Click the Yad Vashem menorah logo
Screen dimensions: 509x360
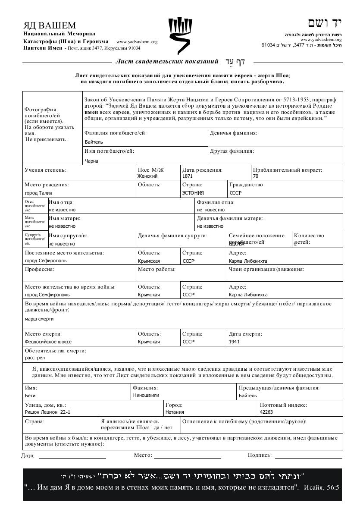pos(180,36)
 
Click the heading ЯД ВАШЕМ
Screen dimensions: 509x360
pos(50,25)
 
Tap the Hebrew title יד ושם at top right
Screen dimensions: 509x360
pos(325,23)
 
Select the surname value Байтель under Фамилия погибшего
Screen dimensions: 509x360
pos(94,142)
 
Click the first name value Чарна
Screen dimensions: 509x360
pos(91,161)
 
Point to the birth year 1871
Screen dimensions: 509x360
pos(188,176)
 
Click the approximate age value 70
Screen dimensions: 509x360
pos(256,176)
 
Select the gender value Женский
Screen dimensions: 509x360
pos(147,176)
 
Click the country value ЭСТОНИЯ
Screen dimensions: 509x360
pos(193,193)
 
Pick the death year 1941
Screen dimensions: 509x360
pos(235,342)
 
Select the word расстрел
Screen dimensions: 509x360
pos(34,358)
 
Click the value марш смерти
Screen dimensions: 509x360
pos(39,319)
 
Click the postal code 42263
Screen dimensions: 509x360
pos(266,412)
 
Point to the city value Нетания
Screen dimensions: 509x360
pos(175,412)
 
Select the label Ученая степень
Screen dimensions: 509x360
pos(45,170)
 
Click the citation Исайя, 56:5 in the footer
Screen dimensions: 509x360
pos(322,487)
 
